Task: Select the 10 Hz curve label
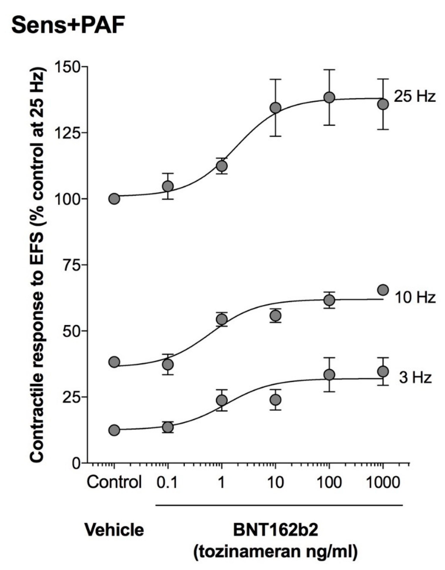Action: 415,297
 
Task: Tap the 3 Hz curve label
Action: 415,378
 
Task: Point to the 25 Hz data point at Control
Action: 114,199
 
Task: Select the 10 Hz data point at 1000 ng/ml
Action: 383,290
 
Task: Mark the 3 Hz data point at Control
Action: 114,430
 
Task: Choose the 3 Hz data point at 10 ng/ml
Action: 276,400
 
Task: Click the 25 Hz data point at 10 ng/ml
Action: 276,108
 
